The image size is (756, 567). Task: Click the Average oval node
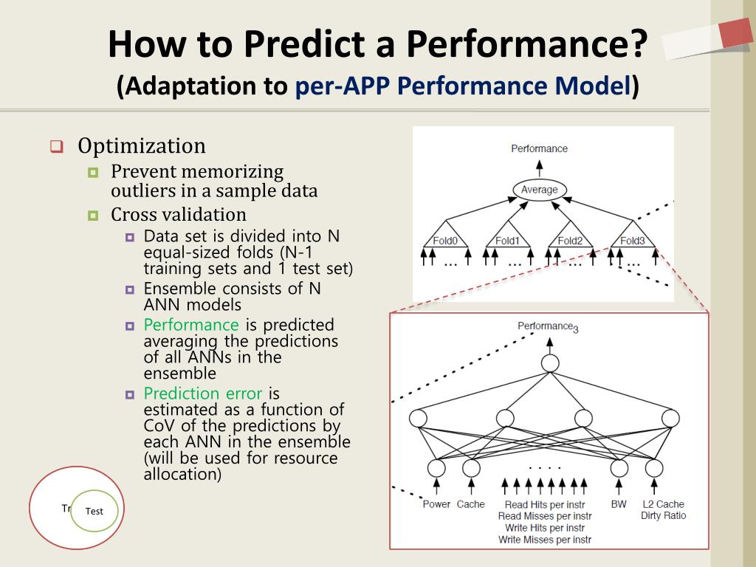(x=539, y=190)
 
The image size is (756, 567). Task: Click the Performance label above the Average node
(x=539, y=148)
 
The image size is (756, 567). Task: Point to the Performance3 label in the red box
(x=547, y=326)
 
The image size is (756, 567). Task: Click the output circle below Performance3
(x=549, y=363)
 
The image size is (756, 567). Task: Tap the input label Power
(x=436, y=504)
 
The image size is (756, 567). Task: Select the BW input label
(x=618, y=504)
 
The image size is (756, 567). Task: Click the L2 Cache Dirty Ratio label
(x=663, y=509)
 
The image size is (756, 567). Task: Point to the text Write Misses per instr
(x=545, y=540)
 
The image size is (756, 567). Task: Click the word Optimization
(x=142, y=146)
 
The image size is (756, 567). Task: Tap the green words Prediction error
(x=203, y=393)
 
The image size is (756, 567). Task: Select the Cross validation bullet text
(x=179, y=215)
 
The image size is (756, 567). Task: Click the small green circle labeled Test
(x=94, y=511)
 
